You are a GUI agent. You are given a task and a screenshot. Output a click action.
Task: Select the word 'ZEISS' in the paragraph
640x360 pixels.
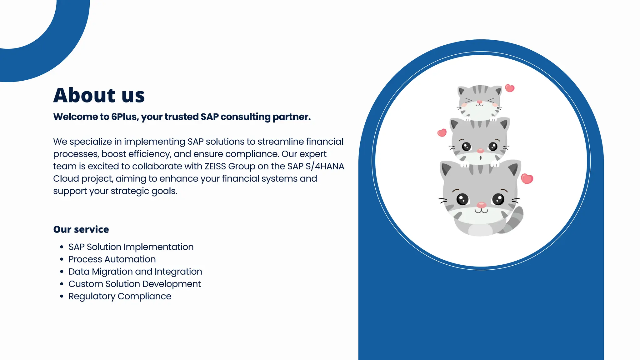tap(215, 166)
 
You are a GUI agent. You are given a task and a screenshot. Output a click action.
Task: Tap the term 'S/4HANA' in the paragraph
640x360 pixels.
tap(325, 166)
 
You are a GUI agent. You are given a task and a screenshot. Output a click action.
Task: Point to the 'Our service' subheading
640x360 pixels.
tap(81, 229)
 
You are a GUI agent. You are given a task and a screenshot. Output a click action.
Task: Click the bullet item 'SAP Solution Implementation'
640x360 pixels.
tap(131, 247)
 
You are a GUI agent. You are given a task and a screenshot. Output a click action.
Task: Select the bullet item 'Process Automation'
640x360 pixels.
tap(112, 259)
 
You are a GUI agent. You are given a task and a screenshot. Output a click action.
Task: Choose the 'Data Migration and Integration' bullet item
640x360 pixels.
tap(135, 272)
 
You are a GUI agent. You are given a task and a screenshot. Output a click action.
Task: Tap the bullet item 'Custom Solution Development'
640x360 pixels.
tap(134, 284)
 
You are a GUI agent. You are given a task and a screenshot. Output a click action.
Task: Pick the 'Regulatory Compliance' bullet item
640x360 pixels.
tap(120, 296)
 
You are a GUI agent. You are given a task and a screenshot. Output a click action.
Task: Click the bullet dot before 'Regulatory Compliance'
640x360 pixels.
tap(62, 296)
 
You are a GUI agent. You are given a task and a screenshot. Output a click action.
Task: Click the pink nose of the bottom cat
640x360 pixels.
tap(481, 205)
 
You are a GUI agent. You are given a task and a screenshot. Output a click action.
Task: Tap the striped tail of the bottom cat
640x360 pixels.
tap(514, 220)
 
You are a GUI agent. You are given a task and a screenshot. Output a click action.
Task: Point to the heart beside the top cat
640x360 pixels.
tap(510, 88)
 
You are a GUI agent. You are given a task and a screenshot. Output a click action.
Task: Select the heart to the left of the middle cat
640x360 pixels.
tap(442, 133)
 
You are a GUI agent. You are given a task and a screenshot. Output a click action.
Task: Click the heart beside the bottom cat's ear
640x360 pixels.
tap(527, 179)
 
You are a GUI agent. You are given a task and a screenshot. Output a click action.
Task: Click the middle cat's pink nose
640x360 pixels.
tap(481, 151)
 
